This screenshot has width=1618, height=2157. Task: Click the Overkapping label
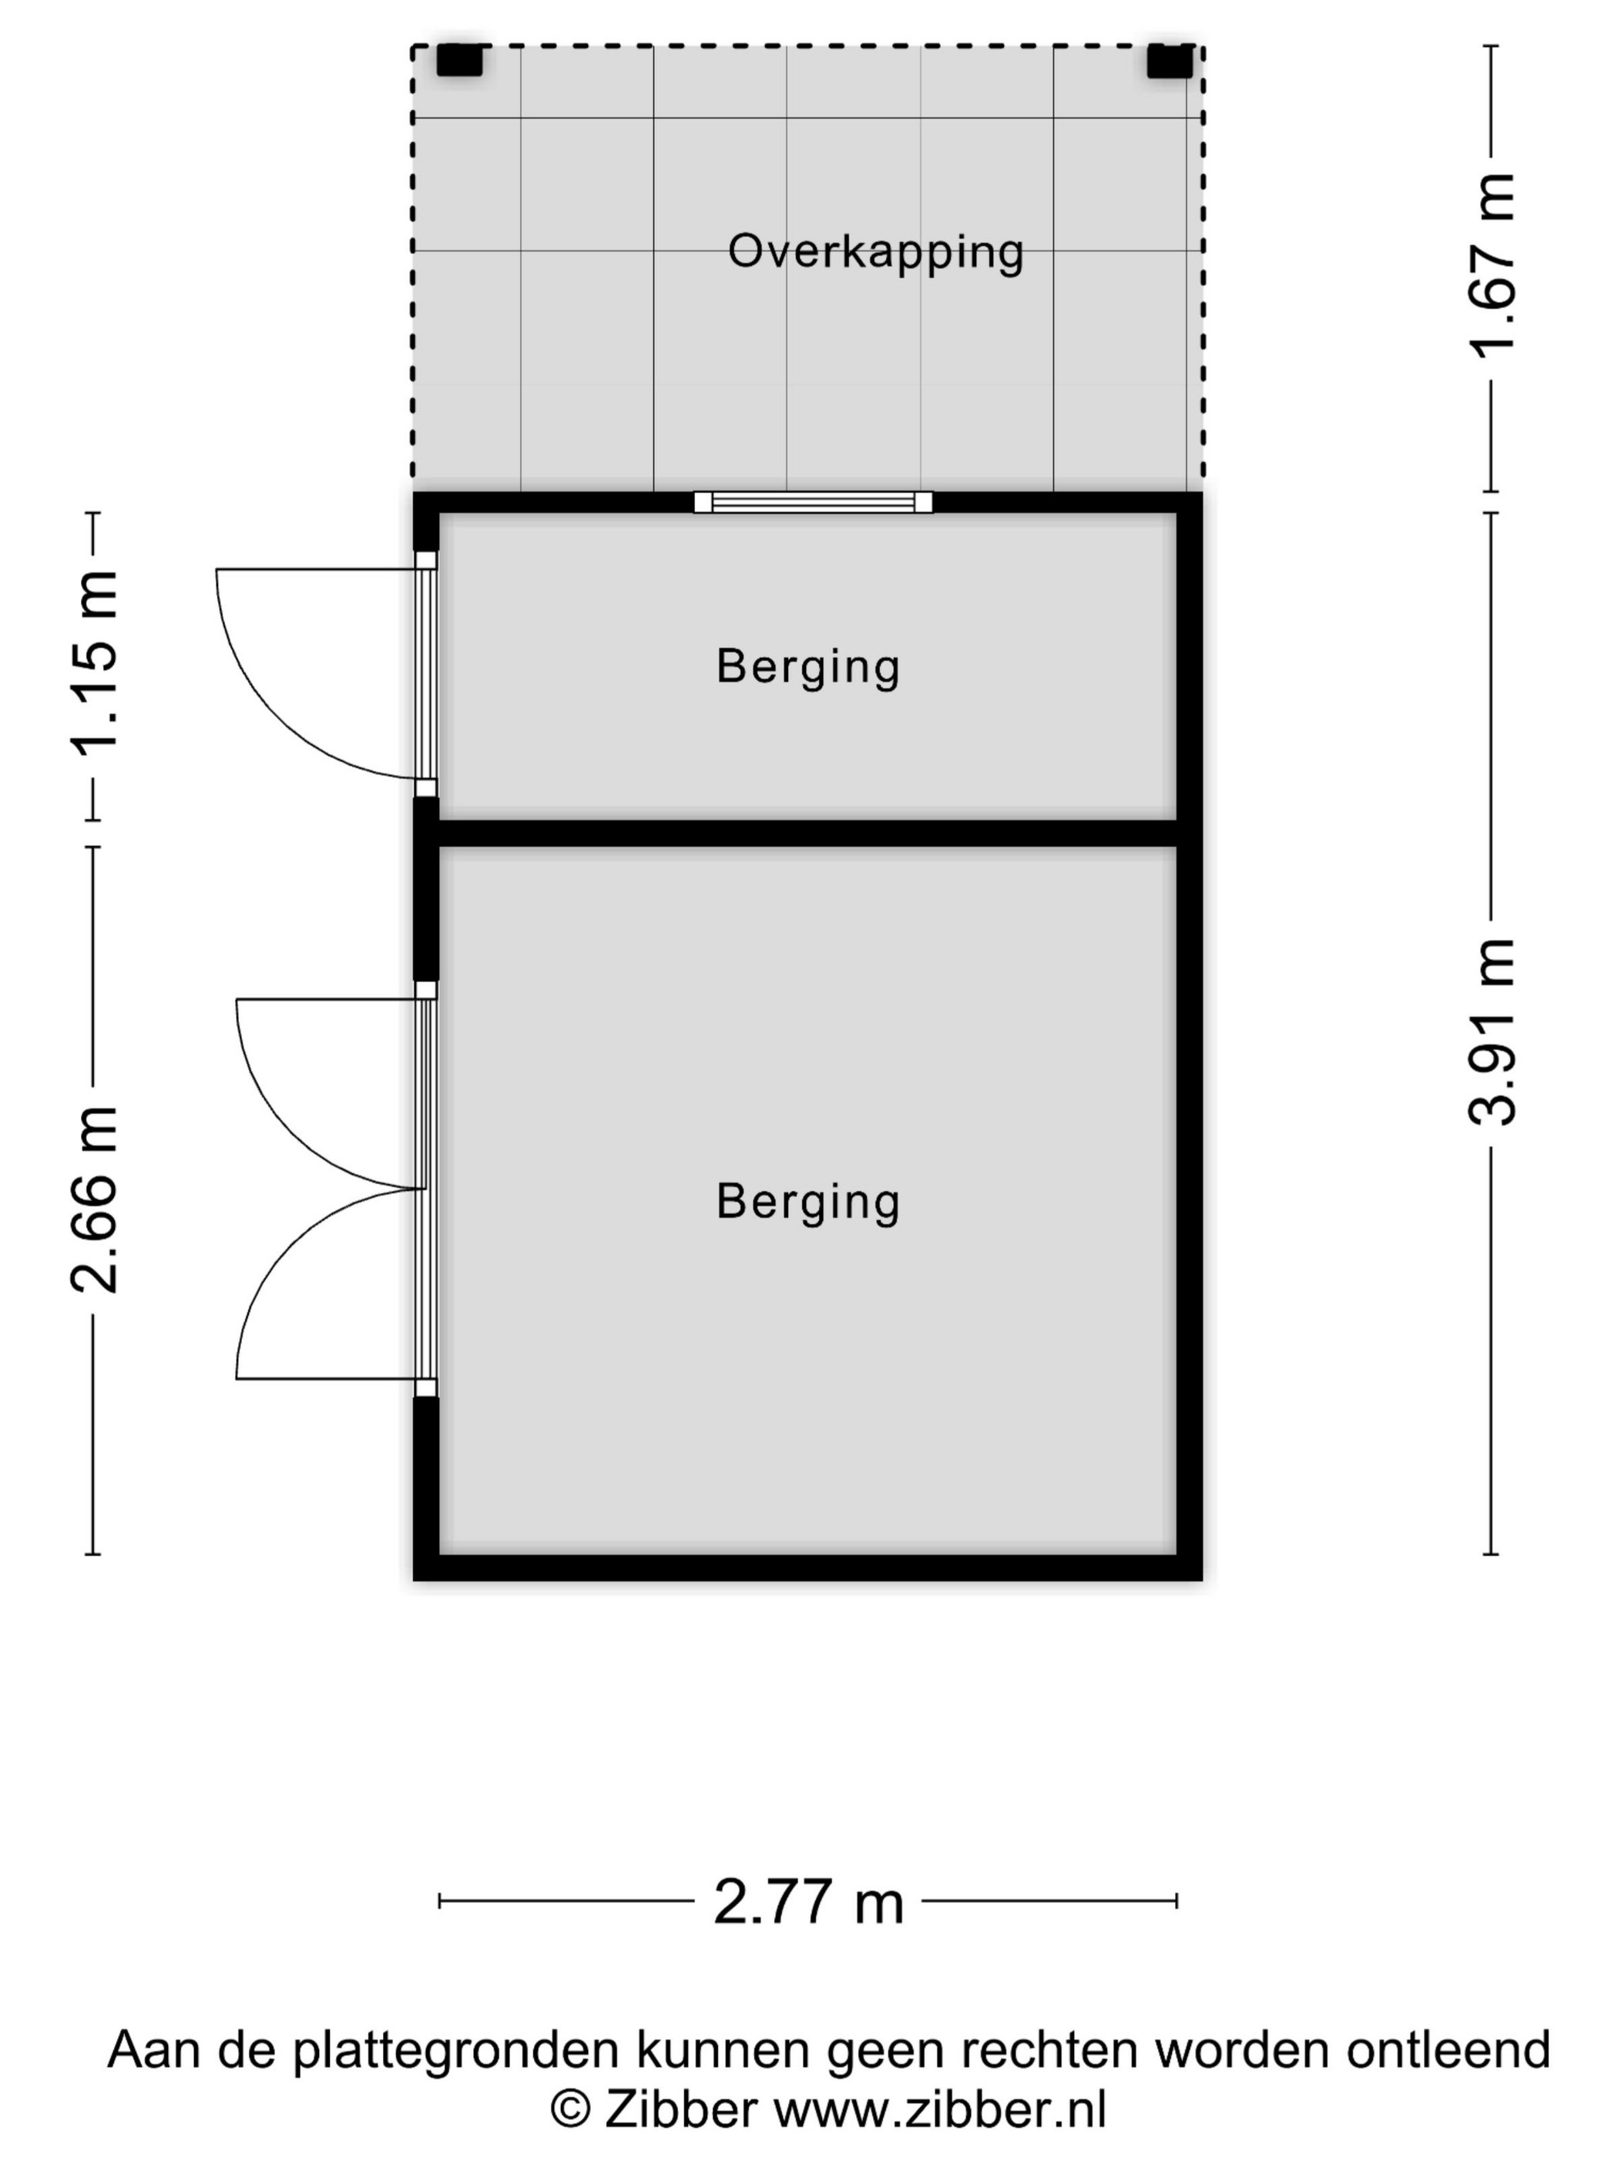point(874,252)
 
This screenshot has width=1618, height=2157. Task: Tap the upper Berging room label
point(807,667)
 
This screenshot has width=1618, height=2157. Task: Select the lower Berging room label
point(807,1201)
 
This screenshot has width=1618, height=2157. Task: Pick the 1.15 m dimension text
point(95,664)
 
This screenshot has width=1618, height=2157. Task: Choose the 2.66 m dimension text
point(95,1200)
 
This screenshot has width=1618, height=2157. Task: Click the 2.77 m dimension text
point(808,1901)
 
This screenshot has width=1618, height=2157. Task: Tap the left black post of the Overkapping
point(459,60)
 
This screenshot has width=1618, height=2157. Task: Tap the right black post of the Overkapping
point(1170,60)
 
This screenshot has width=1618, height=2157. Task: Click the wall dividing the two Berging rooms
point(807,833)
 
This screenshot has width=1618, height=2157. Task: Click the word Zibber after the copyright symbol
point(681,2110)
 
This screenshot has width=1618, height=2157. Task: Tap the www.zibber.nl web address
point(940,2110)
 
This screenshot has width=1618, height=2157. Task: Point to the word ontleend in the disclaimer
point(1448,2050)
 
